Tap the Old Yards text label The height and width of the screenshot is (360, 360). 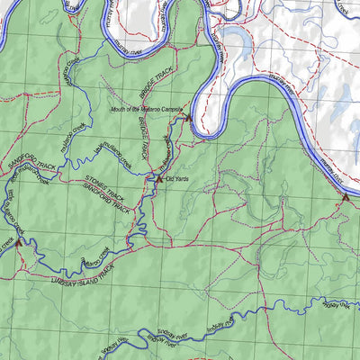pos(177,179)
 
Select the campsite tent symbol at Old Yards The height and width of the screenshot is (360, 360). pos(159,179)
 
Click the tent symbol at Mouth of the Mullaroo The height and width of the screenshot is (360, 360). pos(188,117)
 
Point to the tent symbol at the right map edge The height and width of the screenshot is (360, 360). pos(343,197)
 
